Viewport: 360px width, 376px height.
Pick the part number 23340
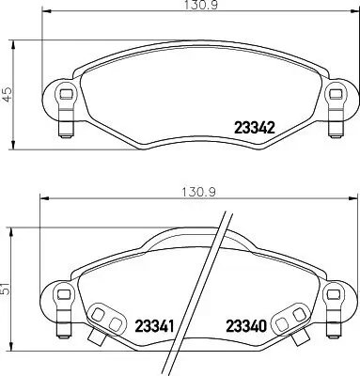tap(245, 324)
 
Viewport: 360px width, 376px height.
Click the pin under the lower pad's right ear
tap(333, 325)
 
